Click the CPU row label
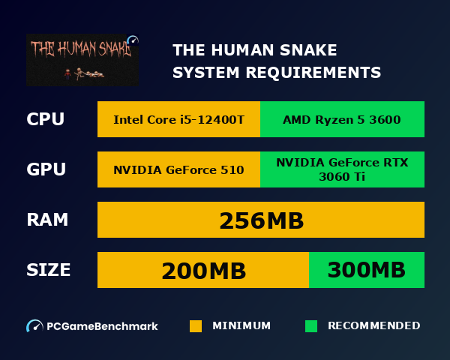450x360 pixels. tap(45, 119)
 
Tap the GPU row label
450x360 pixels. tap(46, 169)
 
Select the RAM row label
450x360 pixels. tap(47, 220)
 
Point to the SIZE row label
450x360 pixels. tap(49, 270)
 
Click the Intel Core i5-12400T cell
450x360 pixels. tap(178, 119)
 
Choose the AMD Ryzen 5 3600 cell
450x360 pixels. tap(342, 119)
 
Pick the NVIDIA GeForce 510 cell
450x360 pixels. tap(178, 169)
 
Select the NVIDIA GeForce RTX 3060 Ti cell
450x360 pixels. tap(342, 169)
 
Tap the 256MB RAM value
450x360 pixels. tap(261, 220)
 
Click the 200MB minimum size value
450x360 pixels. tap(204, 270)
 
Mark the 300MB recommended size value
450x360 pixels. tap(367, 270)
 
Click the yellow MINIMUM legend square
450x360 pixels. tap(196, 326)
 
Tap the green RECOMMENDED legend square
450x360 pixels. tap(311, 326)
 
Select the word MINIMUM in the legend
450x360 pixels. tap(241, 326)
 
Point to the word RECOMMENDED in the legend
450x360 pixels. tap(373, 326)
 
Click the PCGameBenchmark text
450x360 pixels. tap(103, 326)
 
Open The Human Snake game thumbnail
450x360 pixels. tap(82, 59)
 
